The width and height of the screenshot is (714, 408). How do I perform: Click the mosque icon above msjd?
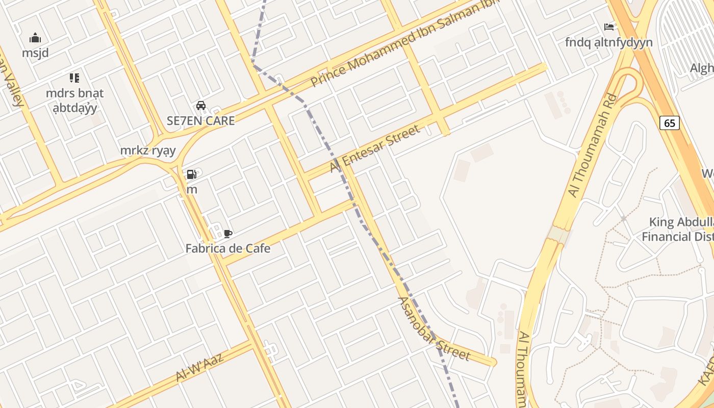(x=35, y=38)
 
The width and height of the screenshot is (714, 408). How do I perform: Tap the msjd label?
(x=35, y=53)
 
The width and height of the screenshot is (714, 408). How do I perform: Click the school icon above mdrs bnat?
(x=74, y=78)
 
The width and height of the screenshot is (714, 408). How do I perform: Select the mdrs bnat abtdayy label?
(x=74, y=100)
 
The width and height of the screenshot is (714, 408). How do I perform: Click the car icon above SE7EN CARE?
(x=201, y=106)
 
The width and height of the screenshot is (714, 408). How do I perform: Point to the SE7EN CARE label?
(x=201, y=121)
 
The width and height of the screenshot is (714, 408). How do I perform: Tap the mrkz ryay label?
(x=148, y=150)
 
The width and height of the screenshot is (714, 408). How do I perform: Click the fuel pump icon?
(x=191, y=174)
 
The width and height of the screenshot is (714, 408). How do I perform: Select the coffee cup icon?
(x=228, y=234)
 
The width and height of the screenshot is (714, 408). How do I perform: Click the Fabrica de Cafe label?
(x=227, y=249)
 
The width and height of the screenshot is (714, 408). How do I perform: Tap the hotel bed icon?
(x=608, y=27)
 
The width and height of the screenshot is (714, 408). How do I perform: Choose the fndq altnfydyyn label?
(x=608, y=42)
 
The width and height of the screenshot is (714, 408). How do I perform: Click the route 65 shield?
(x=670, y=123)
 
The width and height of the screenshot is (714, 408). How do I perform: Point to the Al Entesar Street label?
(x=375, y=148)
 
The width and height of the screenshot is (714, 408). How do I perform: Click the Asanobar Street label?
(x=433, y=329)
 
